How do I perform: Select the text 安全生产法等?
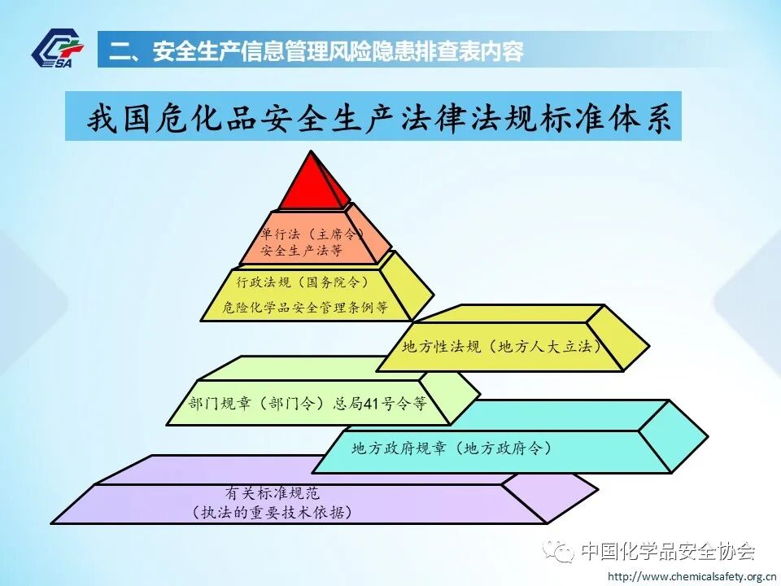[302, 251]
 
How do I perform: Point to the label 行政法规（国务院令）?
[303, 282]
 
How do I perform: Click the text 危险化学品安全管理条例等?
[304, 308]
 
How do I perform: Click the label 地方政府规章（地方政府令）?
[452, 448]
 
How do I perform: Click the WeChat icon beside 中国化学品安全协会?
[561, 552]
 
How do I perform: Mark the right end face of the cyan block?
[675, 435]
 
